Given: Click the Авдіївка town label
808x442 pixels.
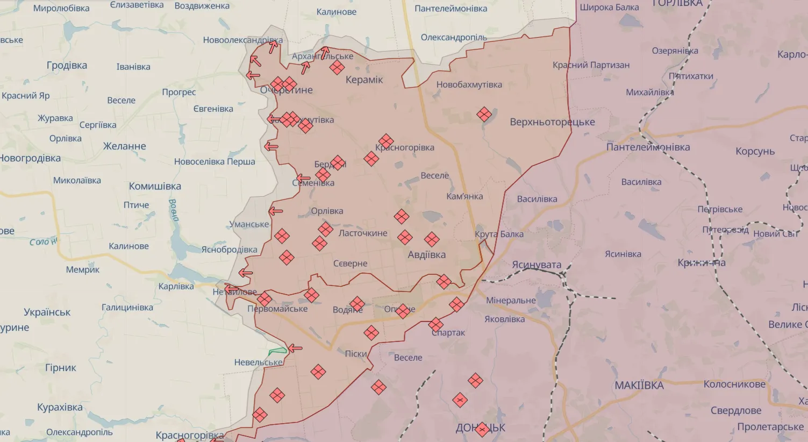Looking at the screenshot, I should click(x=426, y=255).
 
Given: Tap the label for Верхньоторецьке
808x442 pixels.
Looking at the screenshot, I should click(x=552, y=122).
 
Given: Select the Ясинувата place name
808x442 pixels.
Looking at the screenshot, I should click(x=537, y=265).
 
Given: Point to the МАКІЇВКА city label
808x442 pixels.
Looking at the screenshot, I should click(x=639, y=386).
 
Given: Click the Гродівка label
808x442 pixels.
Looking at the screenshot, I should click(x=67, y=66).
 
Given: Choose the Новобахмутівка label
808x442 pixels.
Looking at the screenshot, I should click(x=469, y=85).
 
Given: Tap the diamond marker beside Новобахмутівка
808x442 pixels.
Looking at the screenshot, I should click(x=484, y=114).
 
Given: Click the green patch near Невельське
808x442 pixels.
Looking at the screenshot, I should click(x=278, y=351).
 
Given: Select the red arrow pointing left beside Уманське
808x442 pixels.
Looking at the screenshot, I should click(x=275, y=211).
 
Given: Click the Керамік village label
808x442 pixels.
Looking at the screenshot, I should click(x=364, y=80).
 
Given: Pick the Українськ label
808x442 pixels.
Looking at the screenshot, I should click(x=47, y=312).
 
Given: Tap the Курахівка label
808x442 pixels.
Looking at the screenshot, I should click(x=60, y=408).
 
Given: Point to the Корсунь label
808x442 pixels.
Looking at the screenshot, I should click(x=755, y=152).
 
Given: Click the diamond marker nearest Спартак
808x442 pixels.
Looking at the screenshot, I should click(x=435, y=324).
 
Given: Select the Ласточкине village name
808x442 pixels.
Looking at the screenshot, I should click(x=363, y=233).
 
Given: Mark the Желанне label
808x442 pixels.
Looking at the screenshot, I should click(x=124, y=146).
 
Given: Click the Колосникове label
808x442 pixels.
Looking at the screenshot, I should click(x=734, y=384).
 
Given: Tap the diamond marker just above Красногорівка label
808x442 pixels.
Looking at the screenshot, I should click(x=385, y=141).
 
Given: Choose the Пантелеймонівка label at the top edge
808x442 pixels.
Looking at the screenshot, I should click(x=451, y=9).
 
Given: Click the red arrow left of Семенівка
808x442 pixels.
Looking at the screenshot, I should click(x=303, y=179).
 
